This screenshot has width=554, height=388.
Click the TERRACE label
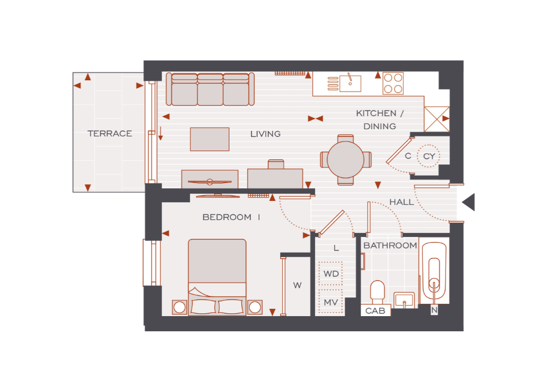110,133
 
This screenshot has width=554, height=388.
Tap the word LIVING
265,134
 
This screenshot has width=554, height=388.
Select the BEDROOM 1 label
231,217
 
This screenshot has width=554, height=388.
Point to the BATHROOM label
390,245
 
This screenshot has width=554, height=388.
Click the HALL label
402,202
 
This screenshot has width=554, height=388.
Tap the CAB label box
376,311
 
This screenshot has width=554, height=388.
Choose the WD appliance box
331,273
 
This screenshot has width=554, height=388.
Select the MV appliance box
331,302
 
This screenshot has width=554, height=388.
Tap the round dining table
345,159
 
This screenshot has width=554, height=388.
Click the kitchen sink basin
350,84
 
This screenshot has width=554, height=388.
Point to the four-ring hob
393,84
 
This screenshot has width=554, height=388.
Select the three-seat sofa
210,89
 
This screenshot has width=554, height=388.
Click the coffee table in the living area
210,139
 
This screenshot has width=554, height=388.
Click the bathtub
434,271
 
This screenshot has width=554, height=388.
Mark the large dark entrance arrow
469,202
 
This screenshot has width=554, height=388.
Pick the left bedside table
180,307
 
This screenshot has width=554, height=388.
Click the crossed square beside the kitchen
436,119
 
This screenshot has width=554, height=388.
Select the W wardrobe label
298,285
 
